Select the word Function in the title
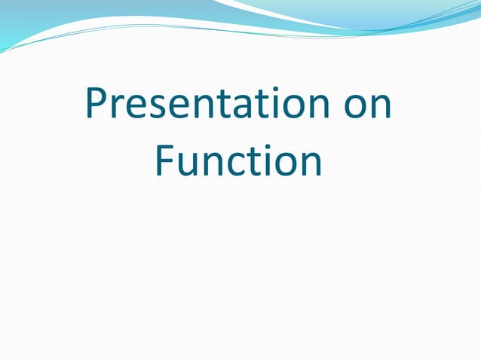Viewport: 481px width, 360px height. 238,161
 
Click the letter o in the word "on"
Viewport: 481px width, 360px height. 355,110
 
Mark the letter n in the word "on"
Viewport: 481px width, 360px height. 381,110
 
